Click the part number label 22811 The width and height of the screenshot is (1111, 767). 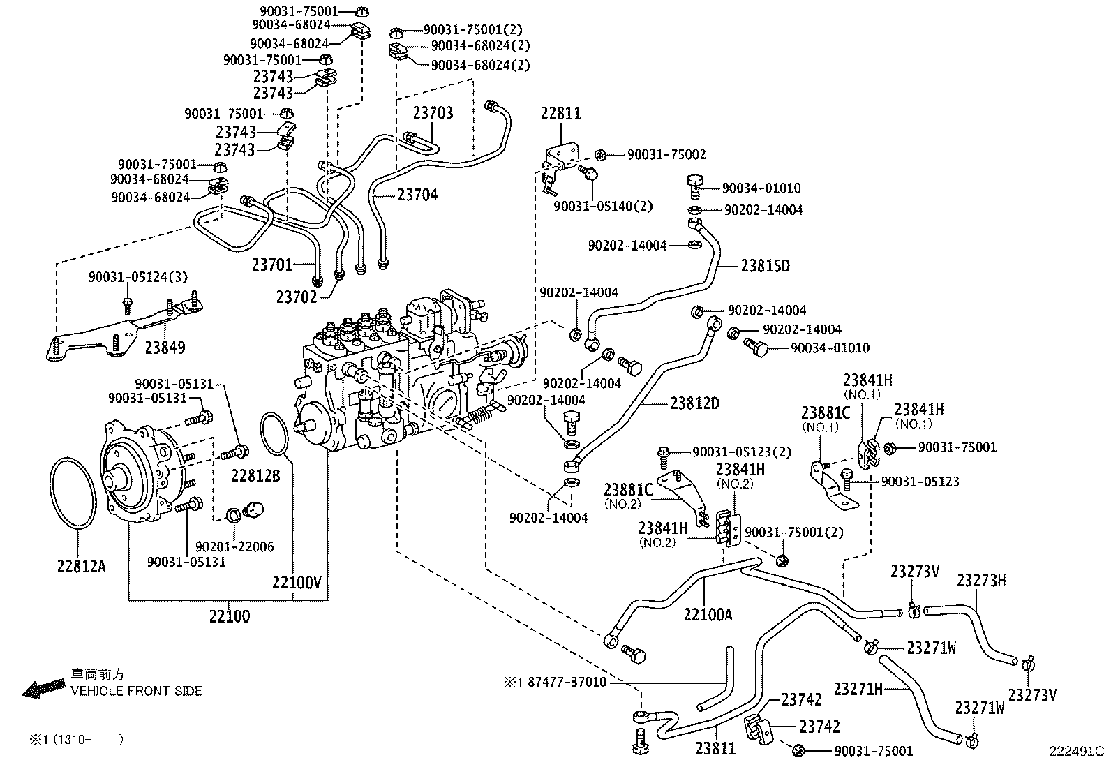tap(561, 113)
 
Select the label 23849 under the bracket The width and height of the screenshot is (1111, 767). tap(165, 347)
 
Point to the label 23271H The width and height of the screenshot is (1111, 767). tap(857, 690)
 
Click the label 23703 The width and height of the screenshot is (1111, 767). tap(432, 113)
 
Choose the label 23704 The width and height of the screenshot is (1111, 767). tap(417, 195)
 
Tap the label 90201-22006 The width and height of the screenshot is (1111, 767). tap(234, 547)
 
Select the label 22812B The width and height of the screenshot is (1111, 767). tap(255, 476)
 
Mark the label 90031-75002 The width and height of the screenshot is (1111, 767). tap(666, 155)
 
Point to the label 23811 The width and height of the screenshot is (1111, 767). tap(715, 748)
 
